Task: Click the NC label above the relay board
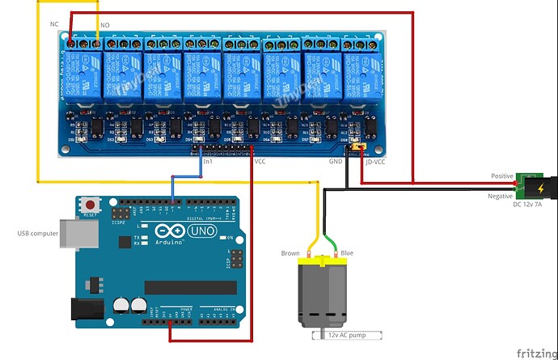pyautogui.click(x=54, y=24)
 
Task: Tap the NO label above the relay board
pyautogui.click(x=104, y=26)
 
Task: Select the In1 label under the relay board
pyautogui.click(x=208, y=161)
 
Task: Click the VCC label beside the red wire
pyautogui.click(x=260, y=161)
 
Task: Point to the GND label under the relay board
pyautogui.click(x=336, y=161)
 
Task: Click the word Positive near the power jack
pyautogui.click(x=502, y=176)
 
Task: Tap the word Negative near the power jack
pyautogui.click(x=501, y=197)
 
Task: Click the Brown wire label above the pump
pyautogui.click(x=290, y=253)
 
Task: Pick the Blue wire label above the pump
pyautogui.click(x=346, y=253)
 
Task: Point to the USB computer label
pyautogui.click(x=38, y=234)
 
